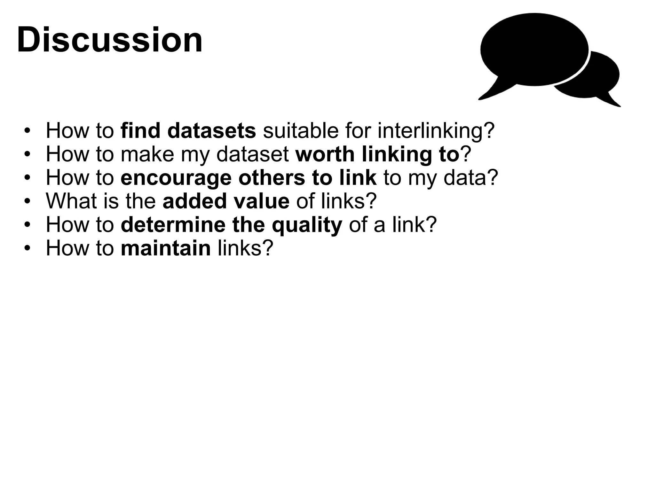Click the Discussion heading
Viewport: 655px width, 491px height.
coord(110,40)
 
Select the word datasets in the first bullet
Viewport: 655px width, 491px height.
coord(211,131)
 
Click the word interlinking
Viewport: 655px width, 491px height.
coord(436,131)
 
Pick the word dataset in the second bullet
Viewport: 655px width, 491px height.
coord(252,154)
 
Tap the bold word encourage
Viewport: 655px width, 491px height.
coord(176,178)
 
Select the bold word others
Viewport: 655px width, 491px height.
coord(272,178)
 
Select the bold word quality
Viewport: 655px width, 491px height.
coord(307,225)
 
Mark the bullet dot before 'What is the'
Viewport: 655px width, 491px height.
coord(28,202)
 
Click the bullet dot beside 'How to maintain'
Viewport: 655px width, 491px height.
coord(28,249)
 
